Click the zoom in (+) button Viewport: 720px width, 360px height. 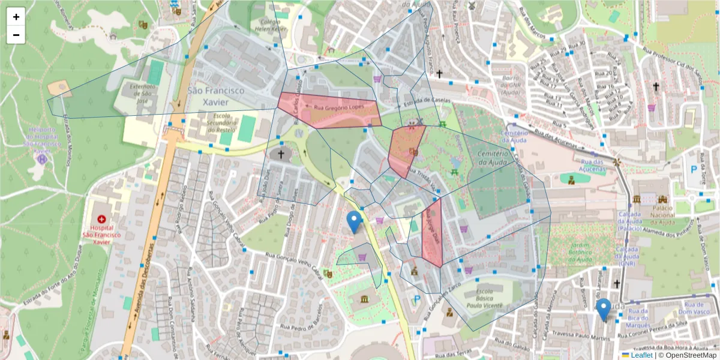point(16,17)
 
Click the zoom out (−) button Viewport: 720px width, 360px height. point(16,35)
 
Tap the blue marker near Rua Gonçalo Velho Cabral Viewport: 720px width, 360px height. point(355,221)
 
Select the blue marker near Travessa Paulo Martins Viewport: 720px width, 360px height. point(604,309)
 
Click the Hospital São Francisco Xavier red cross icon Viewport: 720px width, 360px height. point(101,220)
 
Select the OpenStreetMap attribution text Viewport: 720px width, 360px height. point(688,355)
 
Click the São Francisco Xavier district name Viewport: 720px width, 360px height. point(216,97)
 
